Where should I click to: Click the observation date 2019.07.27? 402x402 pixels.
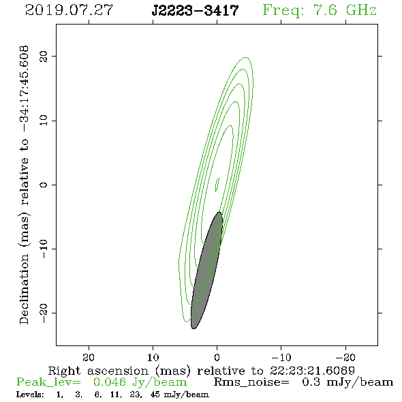click(x=69, y=10)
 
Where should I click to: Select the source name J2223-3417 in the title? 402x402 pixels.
click(x=195, y=10)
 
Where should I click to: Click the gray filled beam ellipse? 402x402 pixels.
click(x=206, y=270)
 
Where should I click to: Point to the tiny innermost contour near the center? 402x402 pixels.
click(x=217, y=185)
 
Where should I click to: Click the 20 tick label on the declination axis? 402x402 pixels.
click(x=44, y=57)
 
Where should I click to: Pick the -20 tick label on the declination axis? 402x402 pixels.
click(x=44, y=313)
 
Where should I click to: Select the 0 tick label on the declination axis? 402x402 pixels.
click(x=44, y=185)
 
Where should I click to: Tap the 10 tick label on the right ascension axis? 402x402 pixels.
click(x=153, y=357)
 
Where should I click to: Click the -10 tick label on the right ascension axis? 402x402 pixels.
click(x=281, y=357)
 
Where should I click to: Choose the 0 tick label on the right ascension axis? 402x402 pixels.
click(x=217, y=357)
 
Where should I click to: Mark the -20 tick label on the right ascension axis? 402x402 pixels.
click(x=345, y=357)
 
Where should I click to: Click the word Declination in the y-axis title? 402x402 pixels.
click(x=24, y=289)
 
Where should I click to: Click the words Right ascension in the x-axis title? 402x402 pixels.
click(x=98, y=371)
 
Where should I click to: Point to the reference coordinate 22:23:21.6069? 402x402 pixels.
click(x=312, y=371)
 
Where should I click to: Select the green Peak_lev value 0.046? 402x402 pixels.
click(x=110, y=382)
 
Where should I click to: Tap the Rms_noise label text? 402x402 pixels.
click(x=251, y=382)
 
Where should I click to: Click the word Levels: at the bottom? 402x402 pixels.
click(x=30, y=395)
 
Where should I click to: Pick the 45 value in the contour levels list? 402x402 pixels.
click(x=155, y=395)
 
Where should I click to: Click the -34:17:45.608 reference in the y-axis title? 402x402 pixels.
click(x=25, y=89)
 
